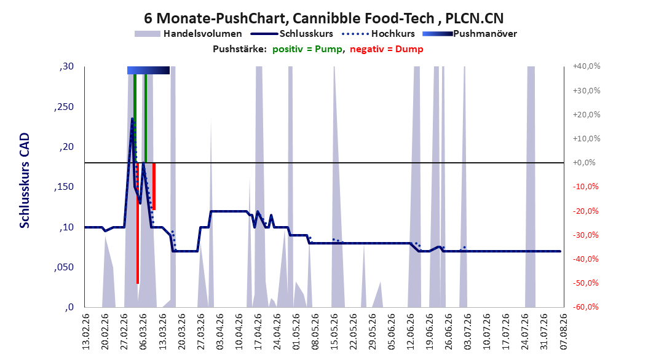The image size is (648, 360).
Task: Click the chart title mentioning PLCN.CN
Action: [x=323, y=18]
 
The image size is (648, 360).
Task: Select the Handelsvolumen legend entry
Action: [x=188, y=34]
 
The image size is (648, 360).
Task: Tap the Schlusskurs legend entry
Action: [x=292, y=34]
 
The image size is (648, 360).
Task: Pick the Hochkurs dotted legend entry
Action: [x=379, y=34]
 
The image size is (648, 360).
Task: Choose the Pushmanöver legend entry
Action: [x=470, y=34]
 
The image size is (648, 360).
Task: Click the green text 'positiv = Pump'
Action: [x=307, y=49]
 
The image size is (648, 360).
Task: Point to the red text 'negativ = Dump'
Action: [x=387, y=49]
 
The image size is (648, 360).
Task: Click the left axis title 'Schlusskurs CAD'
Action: [x=25, y=181]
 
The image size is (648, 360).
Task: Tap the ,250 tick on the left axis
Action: [x=64, y=107]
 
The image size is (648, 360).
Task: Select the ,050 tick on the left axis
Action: [x=64, y=267]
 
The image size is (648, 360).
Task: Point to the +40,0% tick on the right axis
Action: [x=587, y=66]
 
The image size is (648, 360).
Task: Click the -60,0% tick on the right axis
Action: [x=585, y=307]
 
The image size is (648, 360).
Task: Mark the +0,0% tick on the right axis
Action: [x=584, y=163]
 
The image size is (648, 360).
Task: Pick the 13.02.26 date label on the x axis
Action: [x=86, y=332]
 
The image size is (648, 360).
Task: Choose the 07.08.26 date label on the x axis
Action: [x=564, y=332]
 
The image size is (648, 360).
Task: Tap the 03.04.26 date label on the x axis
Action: [x=220, y=332]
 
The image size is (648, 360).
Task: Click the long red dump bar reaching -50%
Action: [x=138, y=223]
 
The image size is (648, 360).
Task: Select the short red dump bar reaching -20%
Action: [x=154, y=186]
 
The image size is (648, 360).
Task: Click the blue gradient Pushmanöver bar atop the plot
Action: [x=148, y=70]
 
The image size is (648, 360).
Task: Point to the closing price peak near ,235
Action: [x=132, y=119]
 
